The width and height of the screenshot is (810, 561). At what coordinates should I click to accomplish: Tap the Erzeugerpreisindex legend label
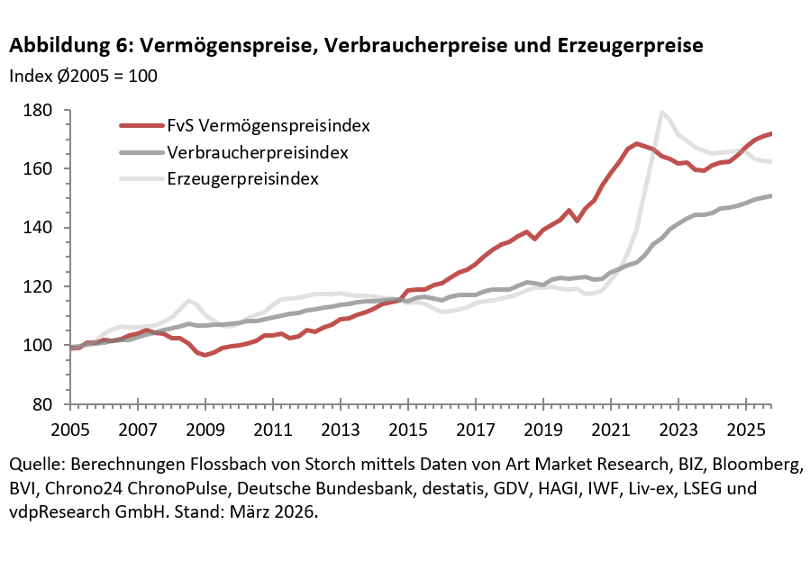click(x=242, y=178)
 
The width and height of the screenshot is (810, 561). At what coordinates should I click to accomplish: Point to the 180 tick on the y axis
click(x=42, y=111)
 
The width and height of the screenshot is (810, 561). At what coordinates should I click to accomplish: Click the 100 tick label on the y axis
click(x=42, y=346)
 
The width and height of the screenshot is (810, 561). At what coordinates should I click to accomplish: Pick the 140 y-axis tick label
click(x=42, y=228)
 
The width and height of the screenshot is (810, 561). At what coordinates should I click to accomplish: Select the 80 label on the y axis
click(x=47, y=404)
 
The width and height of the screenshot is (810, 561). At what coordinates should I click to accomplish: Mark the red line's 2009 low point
click(x=205, y=355)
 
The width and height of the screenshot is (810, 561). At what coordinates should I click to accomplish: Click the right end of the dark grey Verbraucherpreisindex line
click(x=771, y=195)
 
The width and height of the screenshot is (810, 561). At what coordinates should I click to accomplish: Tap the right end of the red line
click(x=771, y=133)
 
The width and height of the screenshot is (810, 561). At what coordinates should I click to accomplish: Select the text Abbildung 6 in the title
click(x=68, y=45)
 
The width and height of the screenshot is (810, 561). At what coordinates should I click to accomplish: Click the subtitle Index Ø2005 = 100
click(x=83, y=76)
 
